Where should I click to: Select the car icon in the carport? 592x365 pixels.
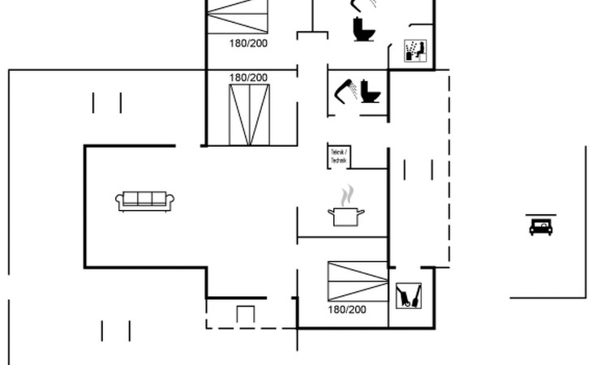pyautogui.click(x=540, y=226)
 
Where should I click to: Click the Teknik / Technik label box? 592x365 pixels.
pyautogui.click(x=338, y=157)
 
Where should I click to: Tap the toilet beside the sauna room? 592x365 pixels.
pyautogui.click(x=362, y=29)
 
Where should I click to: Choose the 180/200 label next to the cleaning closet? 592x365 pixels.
pyautogui.click(x=347, y=310)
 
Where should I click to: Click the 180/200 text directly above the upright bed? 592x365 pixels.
pyautogui.click(x=248, y=78)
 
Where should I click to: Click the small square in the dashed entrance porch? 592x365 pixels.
pyautogui.click(x=246, y=313)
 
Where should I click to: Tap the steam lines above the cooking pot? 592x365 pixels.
pyautogui.click(x=347, y=195)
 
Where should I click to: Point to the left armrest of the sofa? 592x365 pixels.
pyautogui.click(x=120, y=201)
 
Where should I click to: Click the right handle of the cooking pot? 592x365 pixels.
pyautogui.click(x=361, y=212)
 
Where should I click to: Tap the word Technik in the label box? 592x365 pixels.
pyautogui.click(x=338, y=161)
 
